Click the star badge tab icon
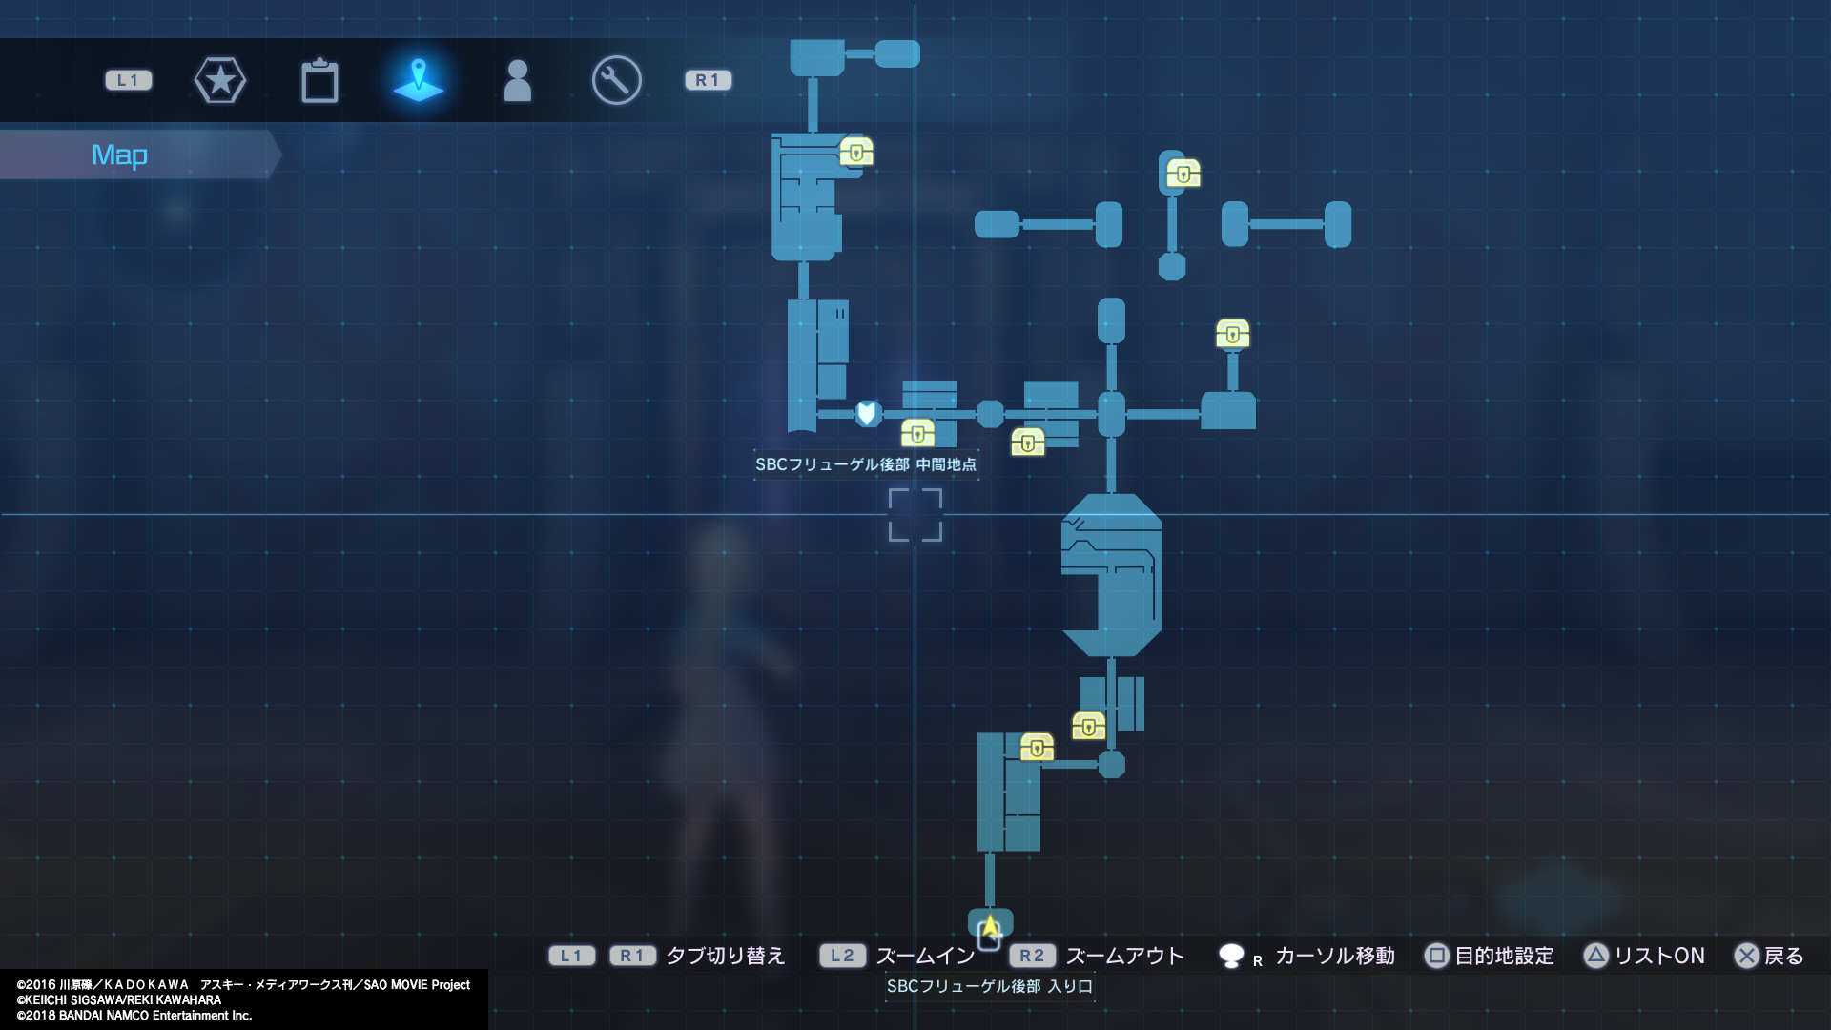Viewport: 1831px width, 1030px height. pos(220,80)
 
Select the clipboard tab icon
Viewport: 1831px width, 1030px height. pos(319,81)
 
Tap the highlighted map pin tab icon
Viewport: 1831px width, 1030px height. pos(419,79)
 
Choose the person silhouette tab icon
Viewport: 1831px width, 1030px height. pos(517,81)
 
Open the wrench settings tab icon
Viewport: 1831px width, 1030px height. pos(616,80)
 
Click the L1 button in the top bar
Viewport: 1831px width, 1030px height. pos(129,80)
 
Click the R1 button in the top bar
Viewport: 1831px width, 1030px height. pos(708,80)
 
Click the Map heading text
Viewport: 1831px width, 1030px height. pos(119,154)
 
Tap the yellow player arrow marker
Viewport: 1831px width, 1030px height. pos(990,926)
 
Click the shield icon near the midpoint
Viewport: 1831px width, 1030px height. pos(867,413)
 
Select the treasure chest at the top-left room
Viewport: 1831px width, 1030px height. pos(856,152)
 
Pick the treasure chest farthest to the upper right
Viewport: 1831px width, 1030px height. pos(1183,174)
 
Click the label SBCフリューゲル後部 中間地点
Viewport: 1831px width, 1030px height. pos(866,464)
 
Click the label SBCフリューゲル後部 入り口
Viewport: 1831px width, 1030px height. pos(989,986)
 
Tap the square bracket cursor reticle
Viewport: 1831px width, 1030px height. pos(915,515)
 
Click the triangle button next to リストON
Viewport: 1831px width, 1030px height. pos(1596,956)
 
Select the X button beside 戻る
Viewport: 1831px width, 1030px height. pos(1747,956)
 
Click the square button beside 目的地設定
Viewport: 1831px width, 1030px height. pos(1437,956)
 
